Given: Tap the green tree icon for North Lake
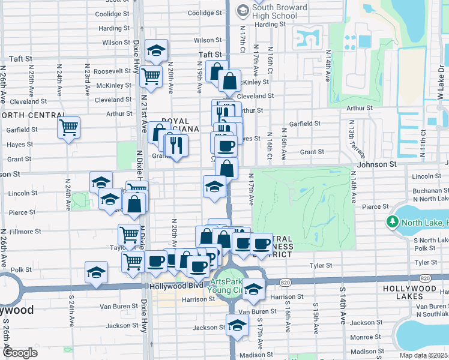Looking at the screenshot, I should coord(393,222).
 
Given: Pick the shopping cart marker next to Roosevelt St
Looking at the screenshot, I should coord(151,76).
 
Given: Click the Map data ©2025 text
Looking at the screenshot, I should coord(424,355).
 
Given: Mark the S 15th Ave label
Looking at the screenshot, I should coord(315,317).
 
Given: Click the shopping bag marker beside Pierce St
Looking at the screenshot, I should coord(136,204).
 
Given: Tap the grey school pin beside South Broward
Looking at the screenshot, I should coord(243,10).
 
